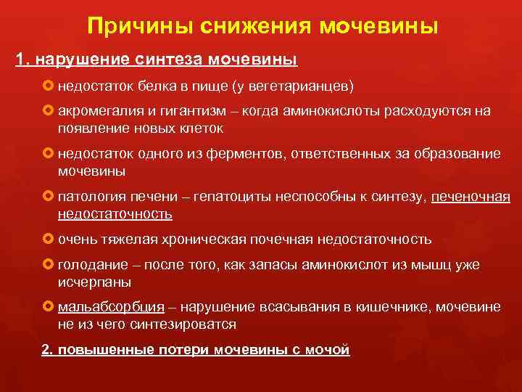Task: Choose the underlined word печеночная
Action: point(471,197)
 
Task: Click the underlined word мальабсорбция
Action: point(111,307)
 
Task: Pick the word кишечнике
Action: point(371,307)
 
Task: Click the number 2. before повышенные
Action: point(48,350)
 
